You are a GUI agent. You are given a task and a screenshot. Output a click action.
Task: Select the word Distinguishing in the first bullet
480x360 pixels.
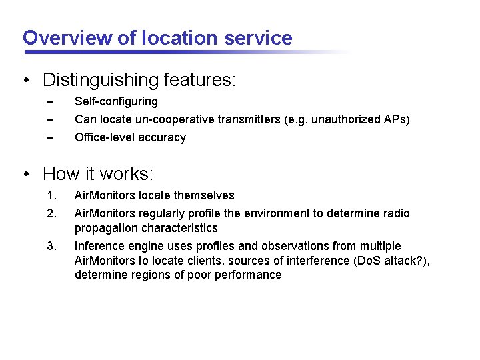pos(100,81)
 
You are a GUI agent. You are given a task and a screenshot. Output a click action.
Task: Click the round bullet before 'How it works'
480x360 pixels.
pos(26,175)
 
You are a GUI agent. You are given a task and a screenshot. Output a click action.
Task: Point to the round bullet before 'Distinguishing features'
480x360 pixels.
pos(26,81)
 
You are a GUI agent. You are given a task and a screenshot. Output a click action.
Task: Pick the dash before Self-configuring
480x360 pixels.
pos(49,102)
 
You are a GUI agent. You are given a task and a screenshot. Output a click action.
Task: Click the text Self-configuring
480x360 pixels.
pos(116,102)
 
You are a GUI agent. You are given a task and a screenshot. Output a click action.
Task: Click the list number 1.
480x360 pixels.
pos(51,196)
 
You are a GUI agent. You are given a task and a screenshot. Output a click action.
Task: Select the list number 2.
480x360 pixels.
pos(51,214)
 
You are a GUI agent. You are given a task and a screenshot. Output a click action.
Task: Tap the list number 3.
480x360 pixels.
pos(51,247)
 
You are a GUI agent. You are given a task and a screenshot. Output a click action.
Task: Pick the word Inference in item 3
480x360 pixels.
pos(99,247)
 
